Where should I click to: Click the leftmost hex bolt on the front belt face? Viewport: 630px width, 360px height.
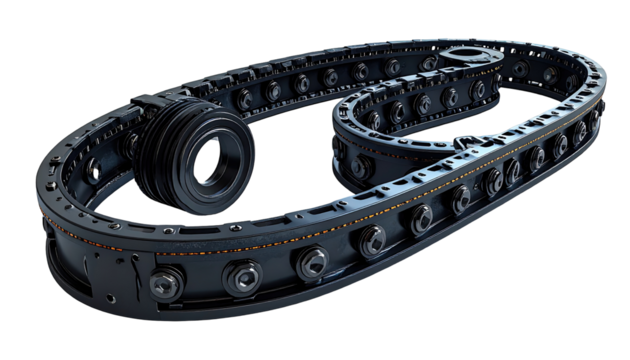(x=163, y=285)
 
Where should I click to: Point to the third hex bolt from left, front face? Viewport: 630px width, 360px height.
(x=308, y=260)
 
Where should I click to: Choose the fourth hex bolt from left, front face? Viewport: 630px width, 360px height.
(x=371, y=238)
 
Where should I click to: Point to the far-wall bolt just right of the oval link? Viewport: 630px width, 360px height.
(x=519, y=69)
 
